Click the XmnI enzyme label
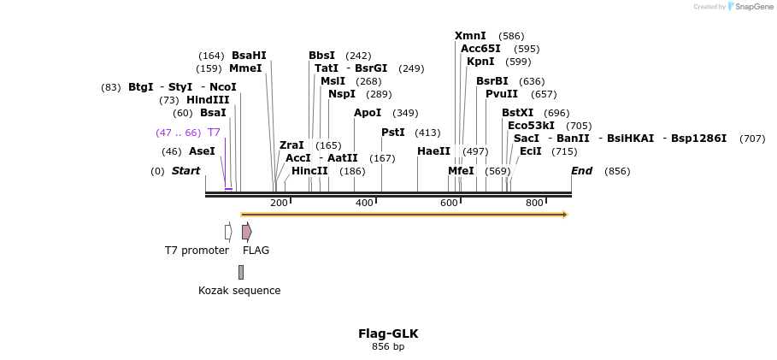click(470, 36)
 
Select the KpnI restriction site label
click(480, 62)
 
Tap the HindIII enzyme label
click(208, 100)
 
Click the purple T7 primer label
click(214, 133)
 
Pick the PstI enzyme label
click(393, 133)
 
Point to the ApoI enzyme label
click(368, 113)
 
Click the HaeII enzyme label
click(433, 151)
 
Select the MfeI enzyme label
click(461, 171)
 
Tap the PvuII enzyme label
click(502, 94)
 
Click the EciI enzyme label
click(530, 151)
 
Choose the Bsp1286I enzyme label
click(698, 139)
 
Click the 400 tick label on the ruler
click(364, 203)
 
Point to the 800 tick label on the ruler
click(534, 203)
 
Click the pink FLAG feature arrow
click(246, 232)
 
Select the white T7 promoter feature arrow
click(228, 232)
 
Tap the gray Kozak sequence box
click(241, 272)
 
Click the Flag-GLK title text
click(388, 333)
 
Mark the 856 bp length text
click(388, 346)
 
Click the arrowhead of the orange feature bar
click(565, 215)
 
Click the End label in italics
click(581, 171)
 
